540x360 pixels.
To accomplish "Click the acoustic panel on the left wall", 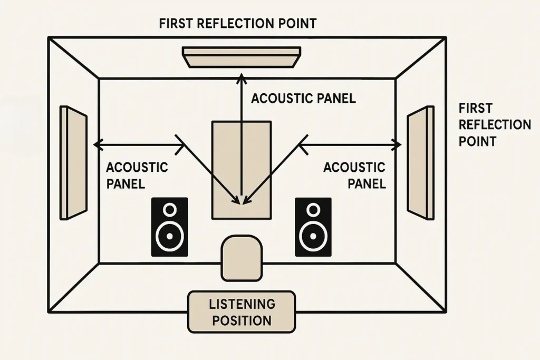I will [x=73, y=162].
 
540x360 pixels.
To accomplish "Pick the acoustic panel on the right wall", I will [x=421, y=162].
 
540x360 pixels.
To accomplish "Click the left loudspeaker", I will [x=170, y=227].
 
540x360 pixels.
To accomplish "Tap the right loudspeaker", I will [x=313, y=227].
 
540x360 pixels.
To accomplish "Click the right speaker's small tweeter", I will [x=313, y=210].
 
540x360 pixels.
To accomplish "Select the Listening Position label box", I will [x=242, y=312].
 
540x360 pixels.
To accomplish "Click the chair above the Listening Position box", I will [x=242, y=258].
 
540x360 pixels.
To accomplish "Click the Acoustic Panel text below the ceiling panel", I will [x=303, y=99].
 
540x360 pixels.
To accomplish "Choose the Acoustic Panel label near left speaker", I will [x=137, y=176].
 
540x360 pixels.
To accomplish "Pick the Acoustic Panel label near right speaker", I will [x=354, y=176].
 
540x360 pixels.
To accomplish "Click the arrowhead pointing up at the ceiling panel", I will [x=241, y=79].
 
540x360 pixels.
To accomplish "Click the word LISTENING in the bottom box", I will [x=242, y=304].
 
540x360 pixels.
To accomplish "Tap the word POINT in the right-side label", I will [x=477, y=141].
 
